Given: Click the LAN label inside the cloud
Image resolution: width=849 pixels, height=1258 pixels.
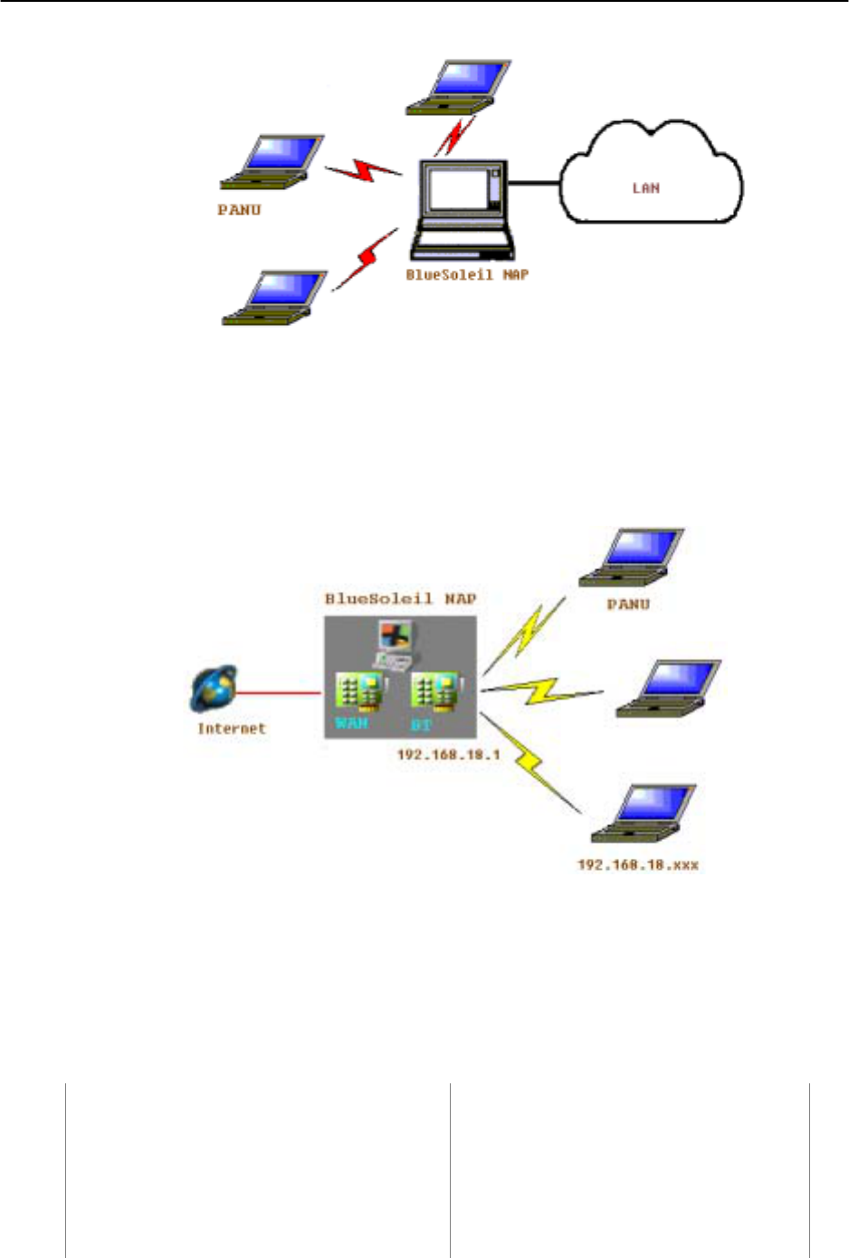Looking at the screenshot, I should pyautogui.click(x=645, y=188).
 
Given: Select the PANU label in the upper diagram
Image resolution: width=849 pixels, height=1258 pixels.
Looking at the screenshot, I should pyautogui.click(x=239, y=210).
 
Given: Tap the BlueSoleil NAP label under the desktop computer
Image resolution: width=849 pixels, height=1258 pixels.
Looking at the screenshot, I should pyautogui.click(x=466, y=274).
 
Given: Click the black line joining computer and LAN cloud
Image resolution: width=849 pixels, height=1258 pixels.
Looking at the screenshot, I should pyautogui.click(x=534, y=185).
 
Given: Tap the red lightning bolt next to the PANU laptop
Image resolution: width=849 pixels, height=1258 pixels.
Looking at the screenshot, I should pyautogui.click(x=363, y=170).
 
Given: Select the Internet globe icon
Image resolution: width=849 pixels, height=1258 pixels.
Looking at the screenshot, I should pyautogui.click(x=215, y=689).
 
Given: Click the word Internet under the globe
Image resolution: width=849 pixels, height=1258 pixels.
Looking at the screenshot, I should pyautogui.click(x=232, y=728).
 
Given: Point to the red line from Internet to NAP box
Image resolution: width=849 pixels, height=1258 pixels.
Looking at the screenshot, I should pyautogui.click(x=280, y=693).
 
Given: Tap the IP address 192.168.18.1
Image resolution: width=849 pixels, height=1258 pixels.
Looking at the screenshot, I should pyautogui.click(x=448, y=754).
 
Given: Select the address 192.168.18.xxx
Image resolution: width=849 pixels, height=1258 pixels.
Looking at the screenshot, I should pyautogui.click(x=638, y=864).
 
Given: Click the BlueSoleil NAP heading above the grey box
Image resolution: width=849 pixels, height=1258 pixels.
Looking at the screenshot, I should pyautogui.click(x=400, y=599).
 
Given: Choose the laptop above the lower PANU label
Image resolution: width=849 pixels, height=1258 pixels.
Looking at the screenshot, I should pyautogui.click(x=632, y=558).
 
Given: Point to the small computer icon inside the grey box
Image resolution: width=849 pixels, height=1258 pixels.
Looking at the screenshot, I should pyautogui.click(x=394, y=644).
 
